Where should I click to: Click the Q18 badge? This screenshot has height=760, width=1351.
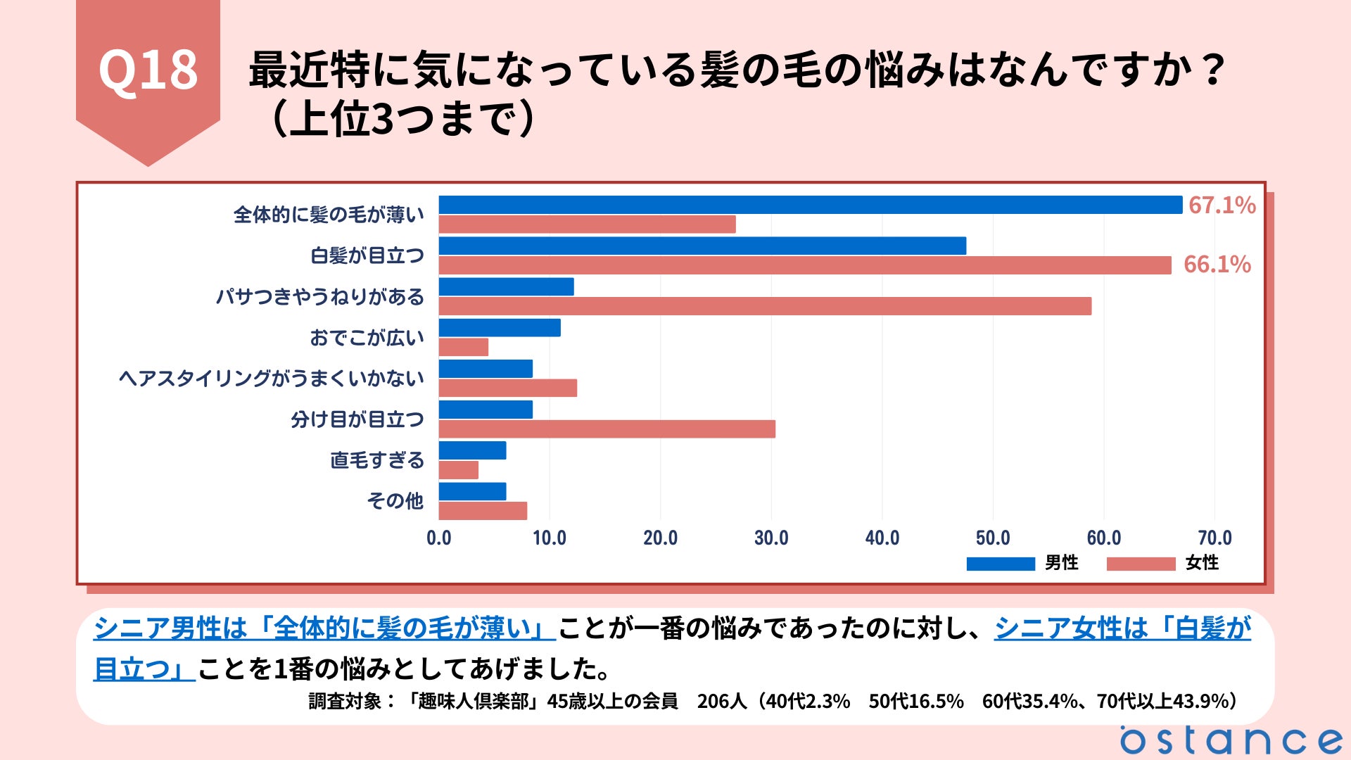pyautogui.click(x=148, y=70)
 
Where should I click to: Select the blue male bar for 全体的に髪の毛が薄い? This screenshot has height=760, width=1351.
pyautogui.click(x=810, y=205)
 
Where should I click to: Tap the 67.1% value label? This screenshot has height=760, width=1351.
pyautogui.click(x=1222, y=205)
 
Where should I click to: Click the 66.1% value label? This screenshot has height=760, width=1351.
pyautogui.click(x=1217, y=265)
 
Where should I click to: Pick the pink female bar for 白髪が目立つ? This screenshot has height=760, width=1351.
pyautogui.click(x=804, y=265)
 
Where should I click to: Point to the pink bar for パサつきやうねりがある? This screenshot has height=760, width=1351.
pyautogui.click(x=765, y=306)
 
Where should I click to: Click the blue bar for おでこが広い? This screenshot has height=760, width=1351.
pyautogui.click(x=500, y=328)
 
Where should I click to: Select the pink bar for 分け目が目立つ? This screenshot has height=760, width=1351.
pyautogui.click(x=607, y=429)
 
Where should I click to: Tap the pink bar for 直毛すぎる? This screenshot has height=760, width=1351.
pyautogui.click(x=459, y=470)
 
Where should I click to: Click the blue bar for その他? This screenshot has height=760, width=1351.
pyautogui.click(x=472, y=491)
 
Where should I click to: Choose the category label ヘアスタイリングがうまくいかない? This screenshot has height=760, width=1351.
pyautogui.click(x=272, y=379)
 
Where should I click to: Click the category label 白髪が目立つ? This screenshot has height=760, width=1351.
pyautogui.click(x=367, y=255)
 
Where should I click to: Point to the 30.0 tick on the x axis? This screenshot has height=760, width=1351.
pyautogui.click(x=771, y=538)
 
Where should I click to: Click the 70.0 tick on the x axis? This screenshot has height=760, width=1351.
pyautogui.click(x=1214, y=538)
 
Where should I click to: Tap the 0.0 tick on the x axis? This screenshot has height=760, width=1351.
pyautogui.click(x=439, y=538)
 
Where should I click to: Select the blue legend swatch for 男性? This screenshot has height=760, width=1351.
pyautogui.click(x=1000, y=564)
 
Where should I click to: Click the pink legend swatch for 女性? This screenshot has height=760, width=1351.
pyautogui.click(x=1141, y=564)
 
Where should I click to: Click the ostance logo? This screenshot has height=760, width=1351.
pyautogui.click(x=1231, y=740)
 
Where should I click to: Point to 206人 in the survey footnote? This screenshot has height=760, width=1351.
pyautogui.click(x=721, y=702)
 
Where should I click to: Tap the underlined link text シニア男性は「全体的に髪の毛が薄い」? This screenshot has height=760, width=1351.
pyautogui.click(x=324, y=628)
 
